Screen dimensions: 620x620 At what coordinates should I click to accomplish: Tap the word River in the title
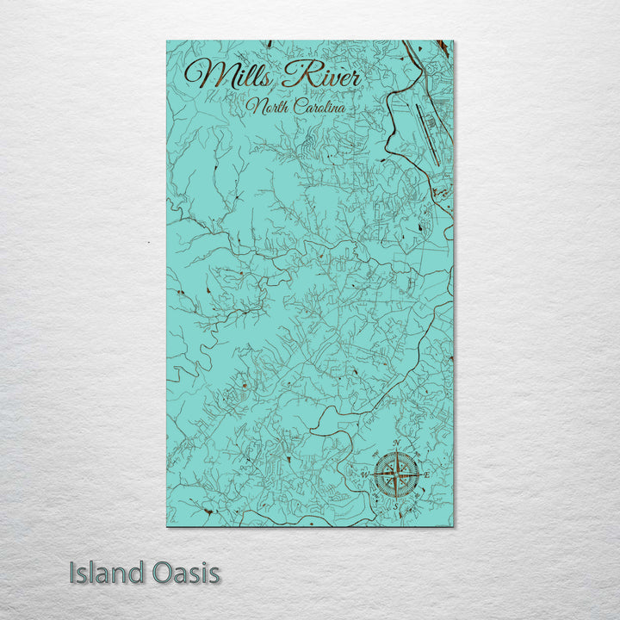321,76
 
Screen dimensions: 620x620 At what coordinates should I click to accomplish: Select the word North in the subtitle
265,107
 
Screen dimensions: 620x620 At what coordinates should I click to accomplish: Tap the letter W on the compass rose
365,474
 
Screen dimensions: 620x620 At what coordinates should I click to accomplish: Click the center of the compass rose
396,474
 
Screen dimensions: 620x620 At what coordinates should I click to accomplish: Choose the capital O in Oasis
154,573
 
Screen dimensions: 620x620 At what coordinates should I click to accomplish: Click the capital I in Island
73,573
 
